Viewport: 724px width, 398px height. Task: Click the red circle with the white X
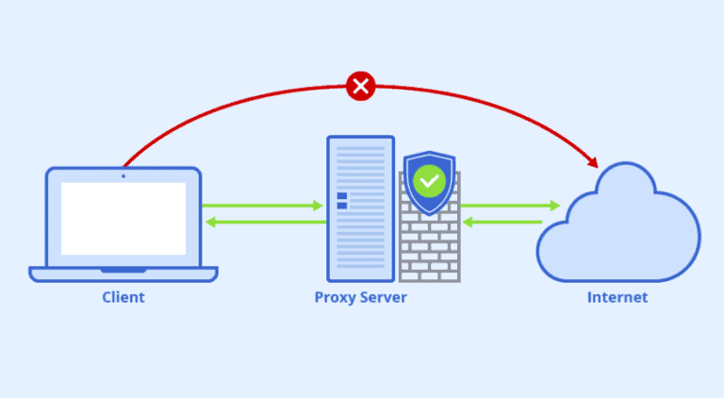(x=361, y=86)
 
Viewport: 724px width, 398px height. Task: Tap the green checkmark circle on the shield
(x=430, y=181)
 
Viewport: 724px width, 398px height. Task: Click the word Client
(x=123, y=297)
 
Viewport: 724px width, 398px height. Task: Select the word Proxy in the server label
(x=336, y=298)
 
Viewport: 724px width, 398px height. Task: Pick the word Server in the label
(x=384, y=297)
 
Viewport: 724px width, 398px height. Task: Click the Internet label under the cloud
(x=617, y=297)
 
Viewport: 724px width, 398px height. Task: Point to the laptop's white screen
(x=123, y=219)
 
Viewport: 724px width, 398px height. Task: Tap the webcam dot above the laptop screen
(x=123, y=176)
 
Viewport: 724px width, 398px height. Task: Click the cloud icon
(x=618, y=222)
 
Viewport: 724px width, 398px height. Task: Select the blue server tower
(x=361, y=208)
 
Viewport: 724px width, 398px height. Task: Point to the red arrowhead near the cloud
(x=592, y=161)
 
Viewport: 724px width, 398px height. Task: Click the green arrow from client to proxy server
(x=262, y=206)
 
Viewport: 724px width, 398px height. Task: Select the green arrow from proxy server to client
(x=266, y=222)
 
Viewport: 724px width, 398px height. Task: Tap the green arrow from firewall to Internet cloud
(x=511, y=206)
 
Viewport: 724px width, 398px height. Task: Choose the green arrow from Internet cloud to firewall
(x=502, y=222)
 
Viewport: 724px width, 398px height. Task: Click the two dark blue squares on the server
(x=342, y=201)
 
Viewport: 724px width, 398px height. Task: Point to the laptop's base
(x=123, y=274)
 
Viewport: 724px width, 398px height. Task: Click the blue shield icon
(x=430, y=183)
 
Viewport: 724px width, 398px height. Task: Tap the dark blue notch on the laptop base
(x=123, y=270)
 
